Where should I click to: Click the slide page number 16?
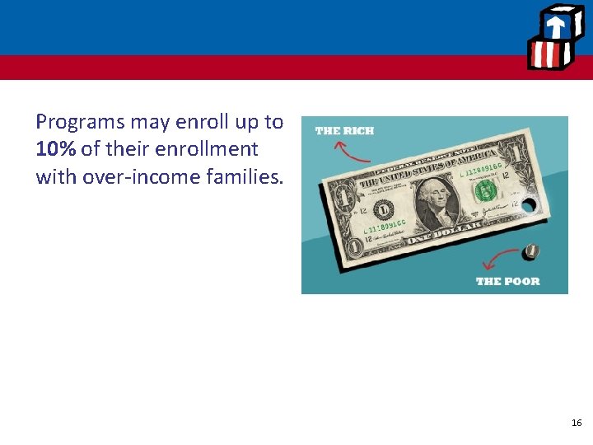pos(576,423)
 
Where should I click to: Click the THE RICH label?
pos(344,130)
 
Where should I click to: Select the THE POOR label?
pos(507,281)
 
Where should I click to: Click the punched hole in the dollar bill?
pos(528,205)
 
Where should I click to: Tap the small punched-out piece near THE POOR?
pos(532,251)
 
